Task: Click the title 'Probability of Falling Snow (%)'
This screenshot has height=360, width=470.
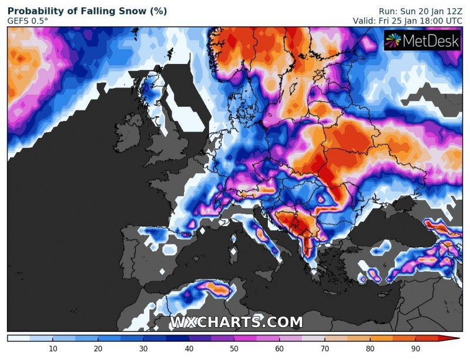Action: click(x=87, y=11)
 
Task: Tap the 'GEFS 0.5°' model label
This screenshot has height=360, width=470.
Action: click(x=28, y=21)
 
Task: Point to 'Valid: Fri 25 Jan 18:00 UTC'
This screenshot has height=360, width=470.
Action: click(x=407, y=21)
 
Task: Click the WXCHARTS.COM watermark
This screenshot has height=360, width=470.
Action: click(x=237, y=322)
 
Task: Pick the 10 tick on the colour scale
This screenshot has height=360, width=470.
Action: click(x=52, y=349)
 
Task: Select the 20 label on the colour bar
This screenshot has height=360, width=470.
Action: click(x=98, y=349)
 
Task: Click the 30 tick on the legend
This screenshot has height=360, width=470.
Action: click(x=143, y=349)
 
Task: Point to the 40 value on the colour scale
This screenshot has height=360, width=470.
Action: click(x=188, y=349)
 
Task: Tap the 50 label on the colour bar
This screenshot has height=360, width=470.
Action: click(x=233, y=349)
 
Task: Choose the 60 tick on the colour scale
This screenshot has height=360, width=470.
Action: click(x=278, y=349)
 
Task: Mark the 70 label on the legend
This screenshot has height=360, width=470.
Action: click(x=324, y=349)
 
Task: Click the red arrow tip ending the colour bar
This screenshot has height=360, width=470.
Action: click(x=456, y=339)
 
